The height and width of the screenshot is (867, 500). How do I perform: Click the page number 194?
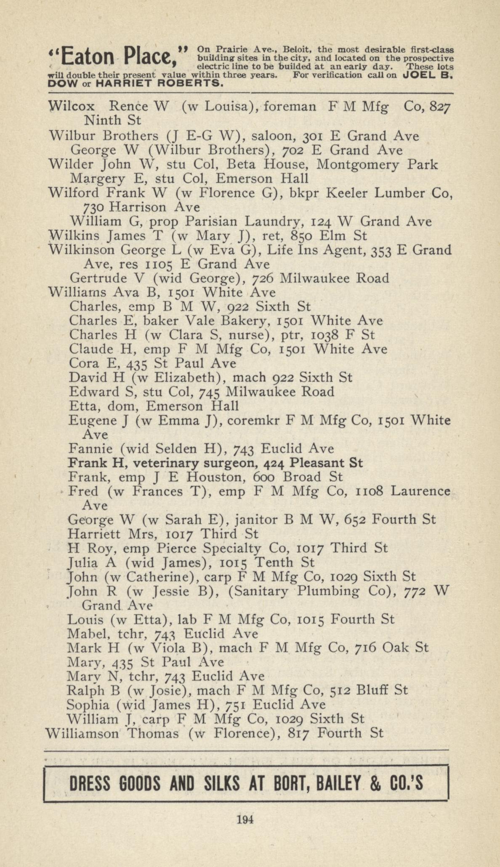[245, 819]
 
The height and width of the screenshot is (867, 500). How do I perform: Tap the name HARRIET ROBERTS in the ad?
[159, 83]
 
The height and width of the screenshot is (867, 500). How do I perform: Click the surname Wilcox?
[72, 107]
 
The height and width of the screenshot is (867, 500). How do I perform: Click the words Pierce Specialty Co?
[222, 549]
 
